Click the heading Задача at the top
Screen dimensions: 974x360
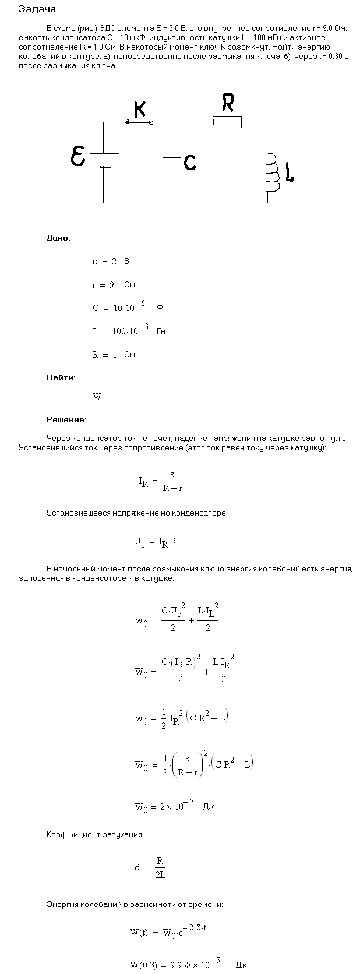[37, 9]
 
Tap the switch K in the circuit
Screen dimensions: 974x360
[139, 122]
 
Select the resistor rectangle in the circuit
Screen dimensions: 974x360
[227, 122]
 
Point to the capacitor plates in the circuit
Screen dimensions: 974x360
[172, 162]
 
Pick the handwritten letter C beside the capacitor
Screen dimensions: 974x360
[189, 163]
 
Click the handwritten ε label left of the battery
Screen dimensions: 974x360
[77, 157]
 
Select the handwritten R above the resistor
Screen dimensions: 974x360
[227, 103]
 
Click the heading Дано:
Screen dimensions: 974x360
[58, 238]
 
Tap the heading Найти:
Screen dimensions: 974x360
[61, 377]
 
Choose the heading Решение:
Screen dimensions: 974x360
[66, 419]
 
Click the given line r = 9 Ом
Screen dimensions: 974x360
[114, 285]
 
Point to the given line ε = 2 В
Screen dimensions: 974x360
[111, 262]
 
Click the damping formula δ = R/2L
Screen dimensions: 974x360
[150, 867]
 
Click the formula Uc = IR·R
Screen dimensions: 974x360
[156, 542]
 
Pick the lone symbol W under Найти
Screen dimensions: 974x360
[97, 397]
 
